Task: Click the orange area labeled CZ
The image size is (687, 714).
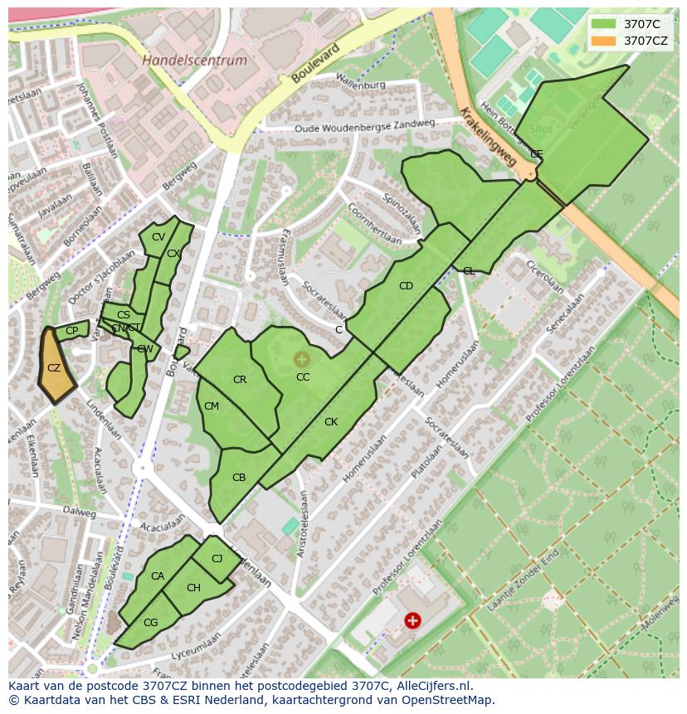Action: tap(55, 368)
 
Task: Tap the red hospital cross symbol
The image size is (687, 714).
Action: tap(412, 619)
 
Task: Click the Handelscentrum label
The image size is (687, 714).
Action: tap(194, 61)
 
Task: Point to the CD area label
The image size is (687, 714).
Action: tap(406, 286)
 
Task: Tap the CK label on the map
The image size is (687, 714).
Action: tap(331, 422)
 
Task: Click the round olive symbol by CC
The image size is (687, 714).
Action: tap(301, 359)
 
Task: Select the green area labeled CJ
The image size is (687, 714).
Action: tap(217, 559)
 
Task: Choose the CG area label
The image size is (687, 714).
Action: tap(150, 623)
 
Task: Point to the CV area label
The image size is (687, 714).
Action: tap(158, 237)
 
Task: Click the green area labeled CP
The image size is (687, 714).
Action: tap(72, 331)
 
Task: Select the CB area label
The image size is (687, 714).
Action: tap(239, 478)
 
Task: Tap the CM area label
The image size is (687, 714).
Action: tap(212, 406)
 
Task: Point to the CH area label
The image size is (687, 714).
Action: tap(193, 588)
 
